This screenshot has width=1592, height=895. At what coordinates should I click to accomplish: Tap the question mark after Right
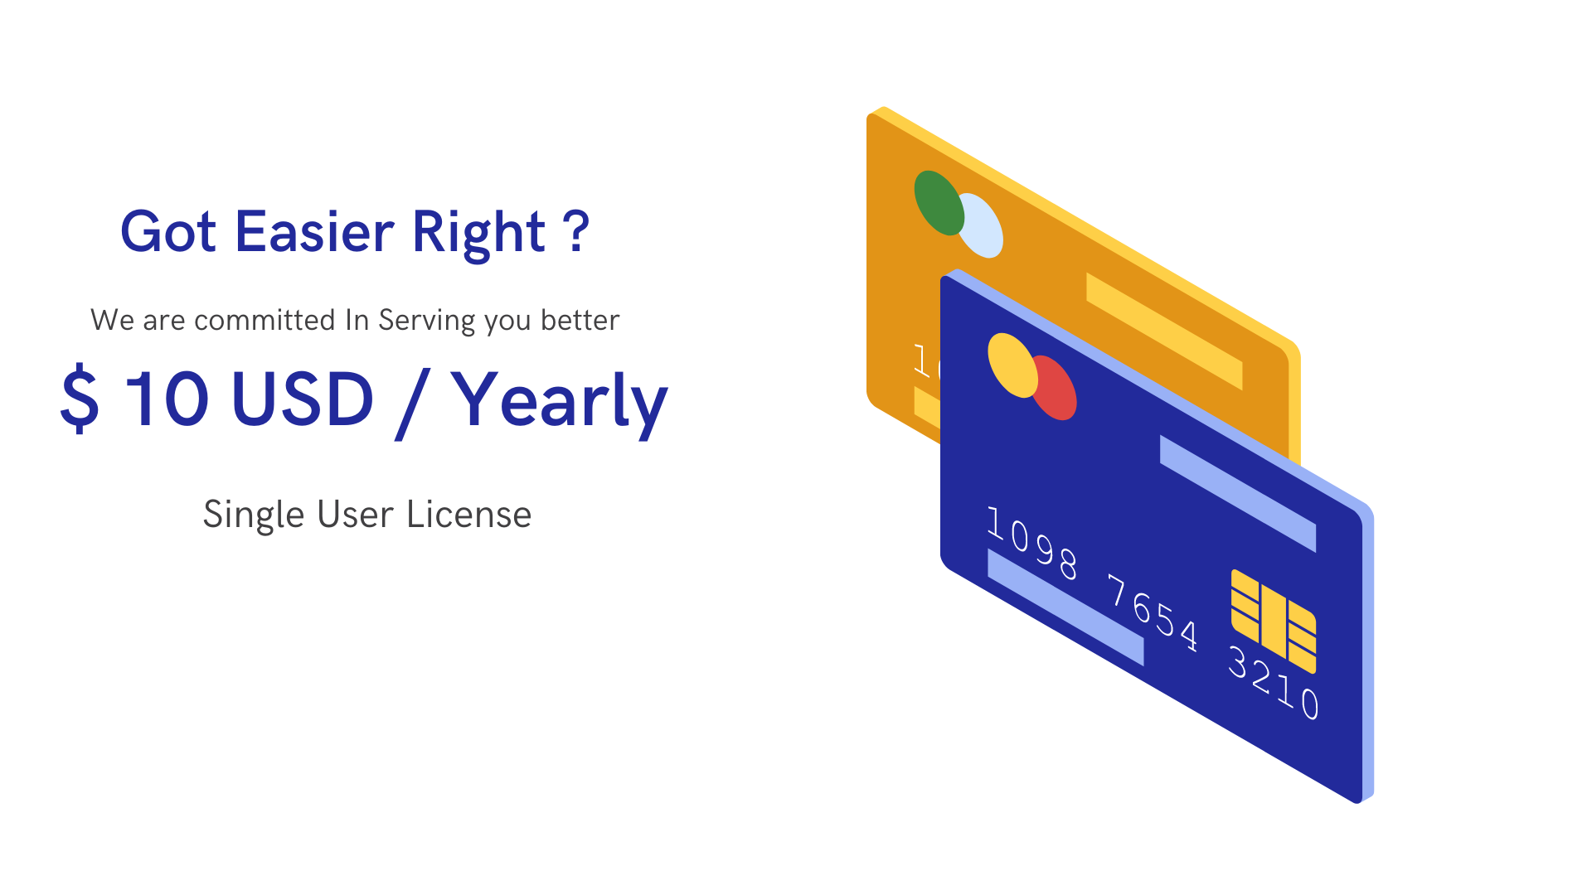point(575,230)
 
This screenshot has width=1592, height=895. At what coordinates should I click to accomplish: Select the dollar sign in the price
point(80,398)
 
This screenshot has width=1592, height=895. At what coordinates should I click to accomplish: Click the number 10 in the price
point(166,399)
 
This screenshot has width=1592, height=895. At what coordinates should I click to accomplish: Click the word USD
point(303,399)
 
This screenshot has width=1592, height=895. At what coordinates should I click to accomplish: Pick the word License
point(468,514)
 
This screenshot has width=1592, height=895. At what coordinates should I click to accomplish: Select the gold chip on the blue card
point(1274,621)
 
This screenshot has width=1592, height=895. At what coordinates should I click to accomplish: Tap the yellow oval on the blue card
point(1012,365)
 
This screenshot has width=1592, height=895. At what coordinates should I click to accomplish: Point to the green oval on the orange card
point(939,203)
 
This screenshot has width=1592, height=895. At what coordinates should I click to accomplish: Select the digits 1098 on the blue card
point(1032,543)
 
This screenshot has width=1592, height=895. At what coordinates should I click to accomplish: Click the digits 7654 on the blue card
point(1153,613)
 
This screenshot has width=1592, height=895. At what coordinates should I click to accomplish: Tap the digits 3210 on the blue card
point(1274,683)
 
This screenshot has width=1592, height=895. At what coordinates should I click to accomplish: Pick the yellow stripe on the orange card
point(1164,331)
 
